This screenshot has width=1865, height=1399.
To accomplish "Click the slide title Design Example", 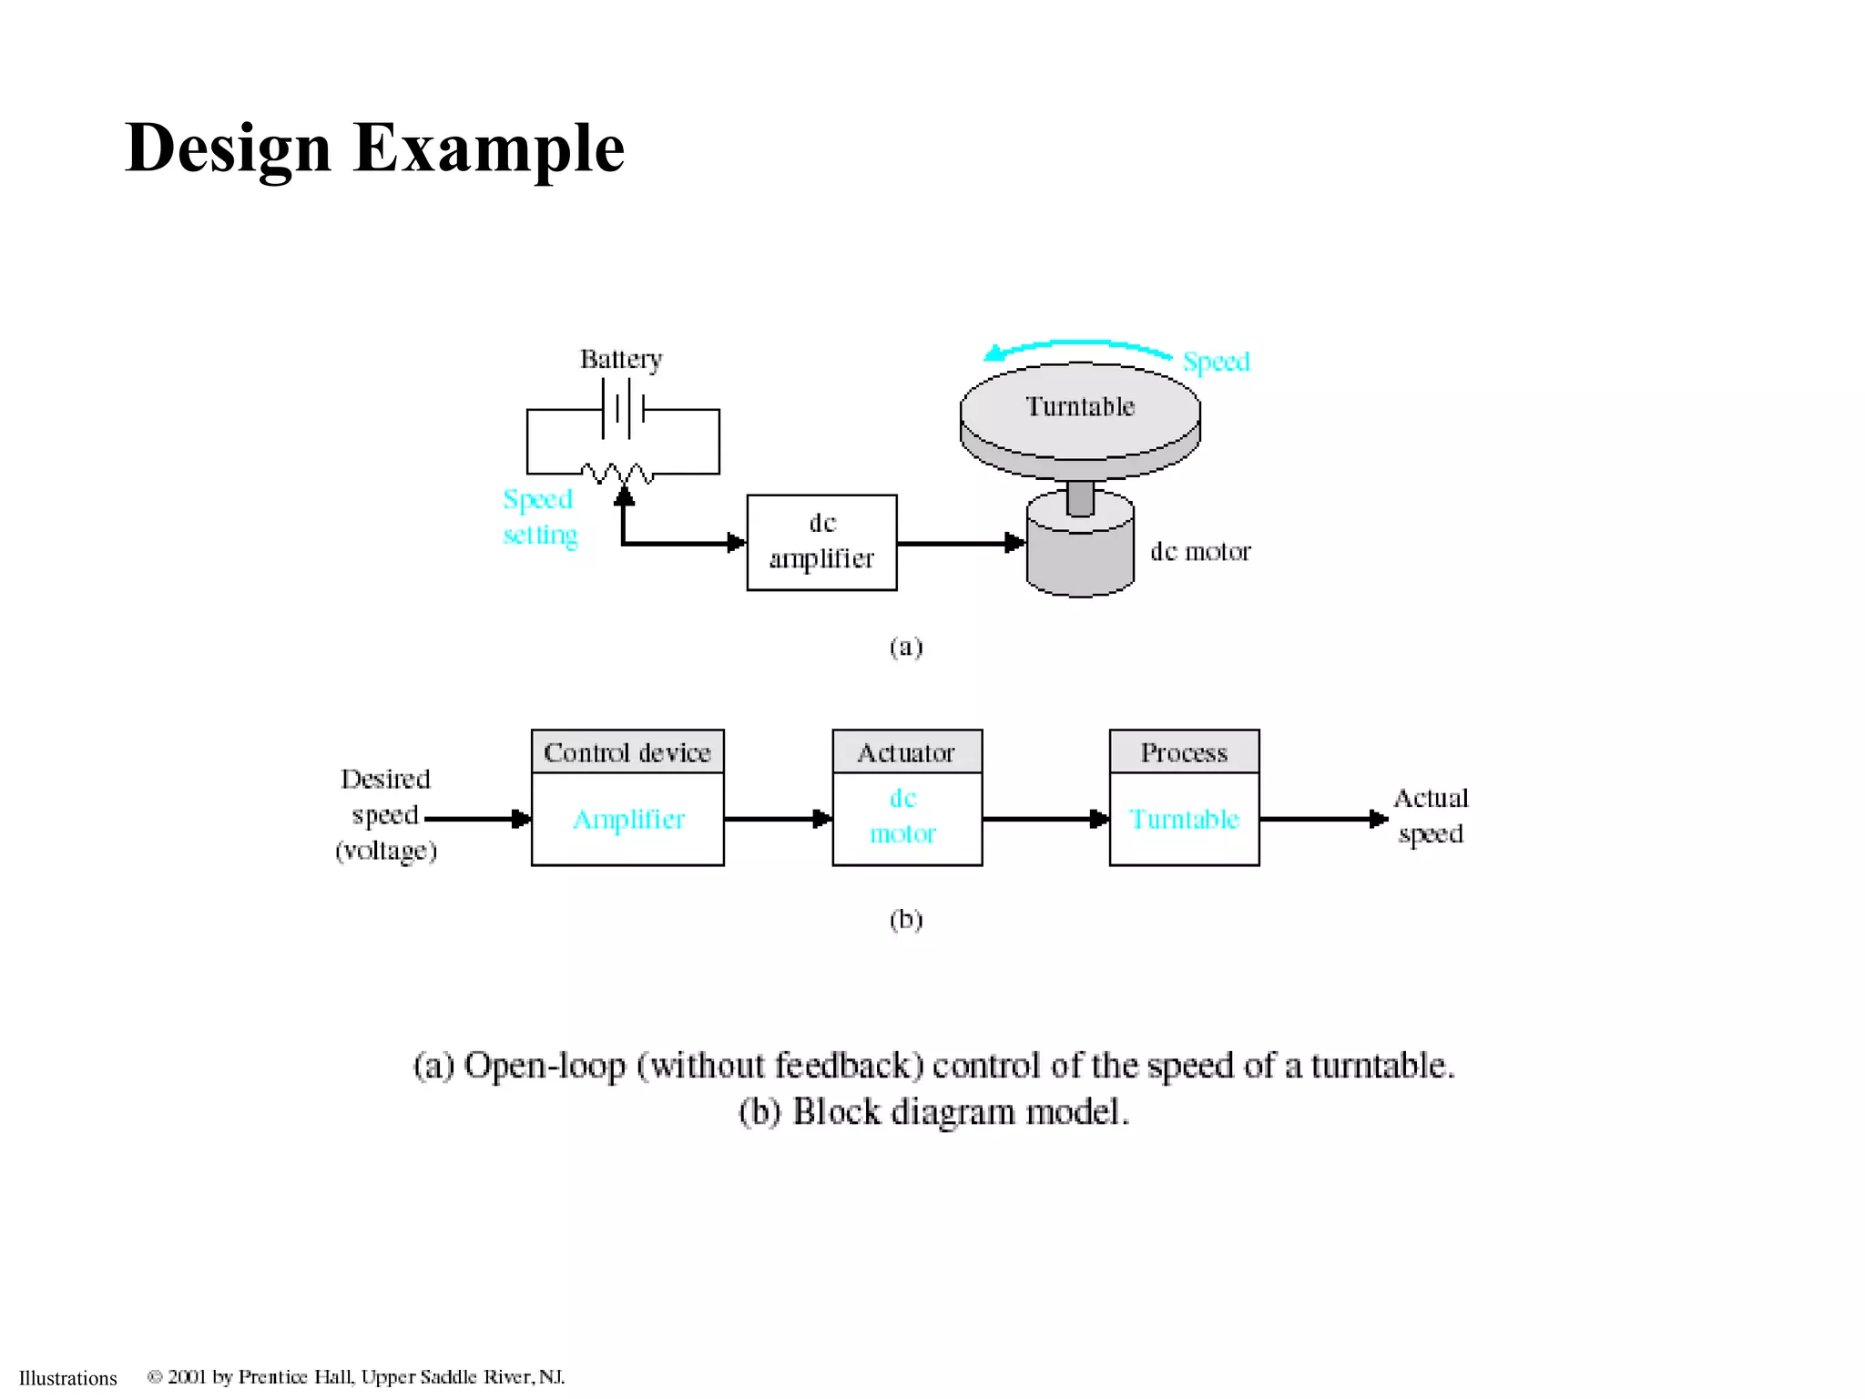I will point(374,148).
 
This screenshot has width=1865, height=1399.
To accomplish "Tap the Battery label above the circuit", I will point(621,359).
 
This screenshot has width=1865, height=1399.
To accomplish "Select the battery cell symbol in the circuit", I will point(623,409).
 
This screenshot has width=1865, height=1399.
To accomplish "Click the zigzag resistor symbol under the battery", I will point(617,473).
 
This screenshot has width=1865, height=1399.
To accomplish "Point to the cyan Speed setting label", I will point(539,516).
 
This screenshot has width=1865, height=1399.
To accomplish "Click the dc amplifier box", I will point(821,542).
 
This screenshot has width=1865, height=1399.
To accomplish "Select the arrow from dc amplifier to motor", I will point(960,543).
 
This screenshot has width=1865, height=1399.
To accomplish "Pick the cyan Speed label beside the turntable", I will point(1216,362).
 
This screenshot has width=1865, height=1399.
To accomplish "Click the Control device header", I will point(627,752).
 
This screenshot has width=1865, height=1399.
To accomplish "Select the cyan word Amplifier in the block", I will point(628,819).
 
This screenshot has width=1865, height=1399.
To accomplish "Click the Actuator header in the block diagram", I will point(907,752).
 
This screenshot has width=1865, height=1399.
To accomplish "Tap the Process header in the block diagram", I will point(1184,752).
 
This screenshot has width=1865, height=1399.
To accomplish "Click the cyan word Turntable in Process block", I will point(1184,819).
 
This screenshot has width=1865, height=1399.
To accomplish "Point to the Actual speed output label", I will point(1431,816).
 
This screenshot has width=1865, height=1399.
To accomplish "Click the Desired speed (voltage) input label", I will point(386,814).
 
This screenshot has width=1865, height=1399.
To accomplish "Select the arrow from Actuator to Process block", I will point(1045,819).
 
